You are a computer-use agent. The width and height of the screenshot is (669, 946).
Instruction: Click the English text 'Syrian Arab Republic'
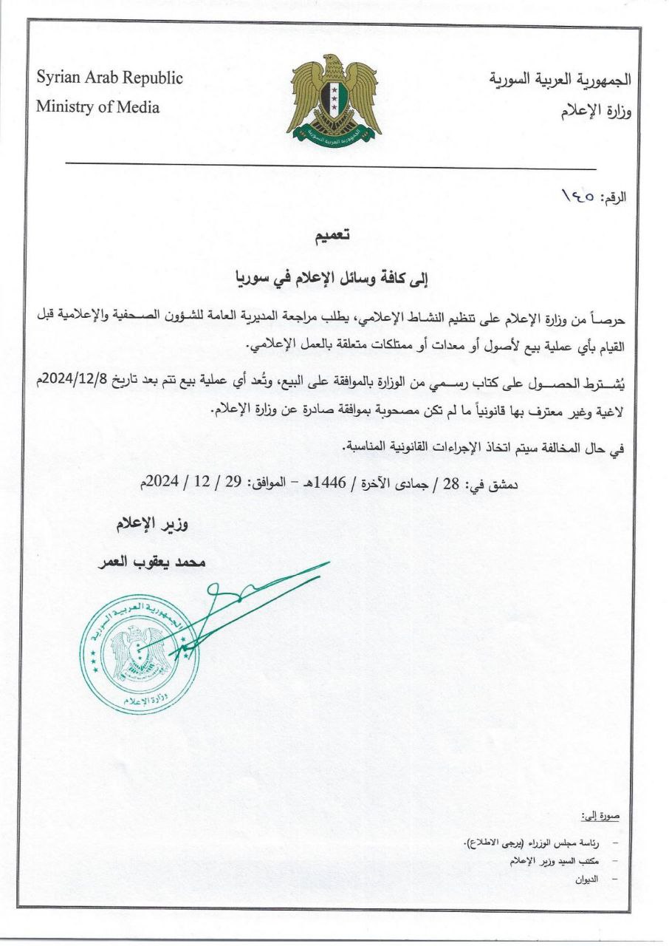109,78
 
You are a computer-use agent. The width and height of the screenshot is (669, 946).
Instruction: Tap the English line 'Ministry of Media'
97,107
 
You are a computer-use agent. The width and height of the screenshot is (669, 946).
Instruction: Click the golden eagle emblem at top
334,100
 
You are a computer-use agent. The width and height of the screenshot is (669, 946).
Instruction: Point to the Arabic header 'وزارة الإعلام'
591,112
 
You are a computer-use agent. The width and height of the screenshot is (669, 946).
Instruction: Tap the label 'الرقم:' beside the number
612,199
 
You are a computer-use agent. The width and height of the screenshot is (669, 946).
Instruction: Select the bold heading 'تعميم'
329,236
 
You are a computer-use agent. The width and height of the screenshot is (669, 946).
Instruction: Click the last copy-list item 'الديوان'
587,879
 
